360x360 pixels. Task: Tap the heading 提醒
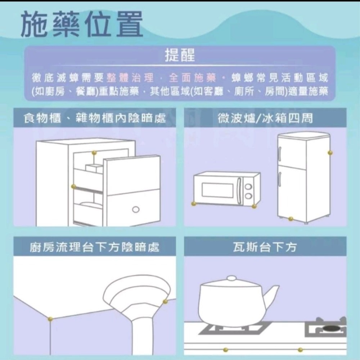[x=180, y=56]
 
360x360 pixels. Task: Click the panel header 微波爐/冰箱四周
[x=265, y=118]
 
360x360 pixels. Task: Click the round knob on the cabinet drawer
[x=135, y=210]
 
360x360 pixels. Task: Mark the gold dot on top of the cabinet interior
[x=94, y=153]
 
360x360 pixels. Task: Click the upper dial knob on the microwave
[x=248, y=186]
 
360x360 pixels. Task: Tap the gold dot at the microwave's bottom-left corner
[x=194, y=204]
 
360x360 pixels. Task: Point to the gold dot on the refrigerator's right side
[x=330, y=153]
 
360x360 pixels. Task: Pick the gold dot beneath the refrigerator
[x=291, y=219]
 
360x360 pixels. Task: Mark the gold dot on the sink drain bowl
[x=165, y=301]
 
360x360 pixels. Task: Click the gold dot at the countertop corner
[x=50, y=319]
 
